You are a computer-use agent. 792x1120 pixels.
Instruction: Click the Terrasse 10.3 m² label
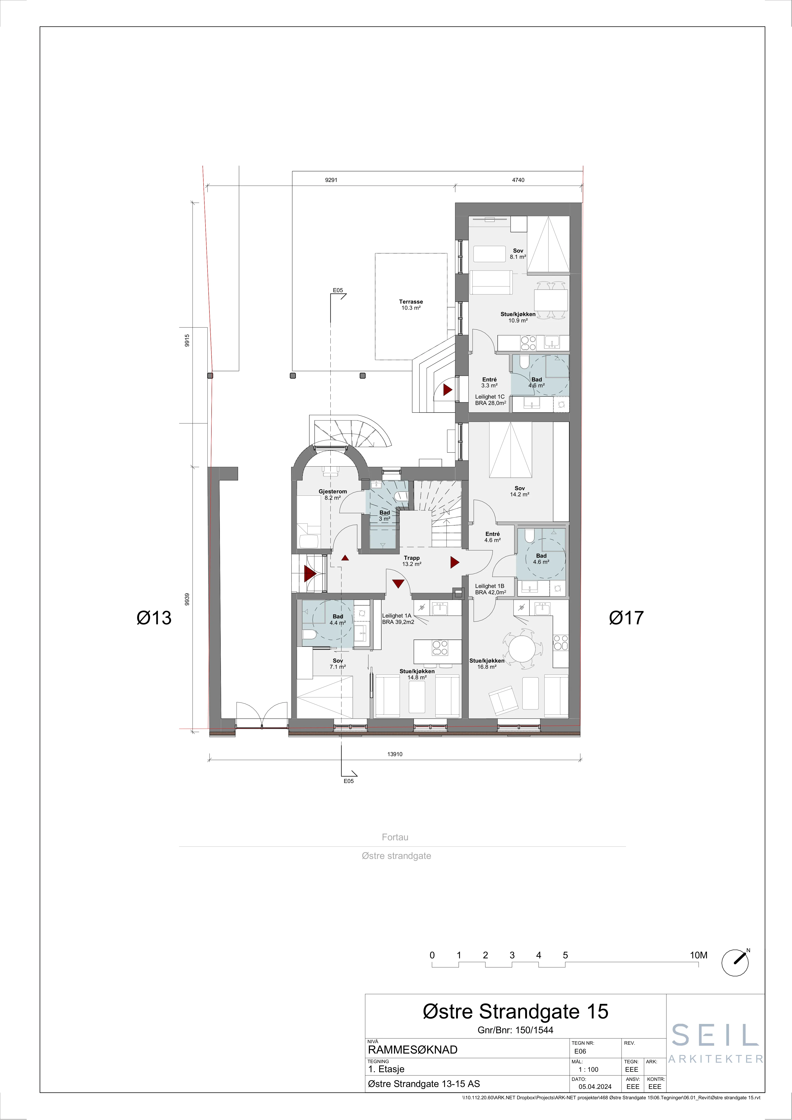click(411, 305)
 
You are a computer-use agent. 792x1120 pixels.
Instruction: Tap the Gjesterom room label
click(333, 492)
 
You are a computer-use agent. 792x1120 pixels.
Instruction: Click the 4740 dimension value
click(518, 180)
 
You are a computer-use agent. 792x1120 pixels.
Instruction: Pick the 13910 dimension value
click(395, 754)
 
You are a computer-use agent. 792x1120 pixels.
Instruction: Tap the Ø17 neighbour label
click(627, 618)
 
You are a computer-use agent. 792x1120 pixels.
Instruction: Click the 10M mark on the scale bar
click(698, 955)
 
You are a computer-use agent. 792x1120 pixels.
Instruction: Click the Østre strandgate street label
click(396, 856)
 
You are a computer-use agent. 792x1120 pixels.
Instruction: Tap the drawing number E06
click(580, 1051)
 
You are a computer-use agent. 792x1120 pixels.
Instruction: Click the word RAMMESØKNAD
click(413, 1050)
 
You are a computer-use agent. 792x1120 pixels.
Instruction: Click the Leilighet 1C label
click(490, 397)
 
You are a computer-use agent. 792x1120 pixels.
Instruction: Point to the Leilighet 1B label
click(490, 586)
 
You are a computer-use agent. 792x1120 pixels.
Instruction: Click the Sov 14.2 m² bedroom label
click(520, 491)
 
